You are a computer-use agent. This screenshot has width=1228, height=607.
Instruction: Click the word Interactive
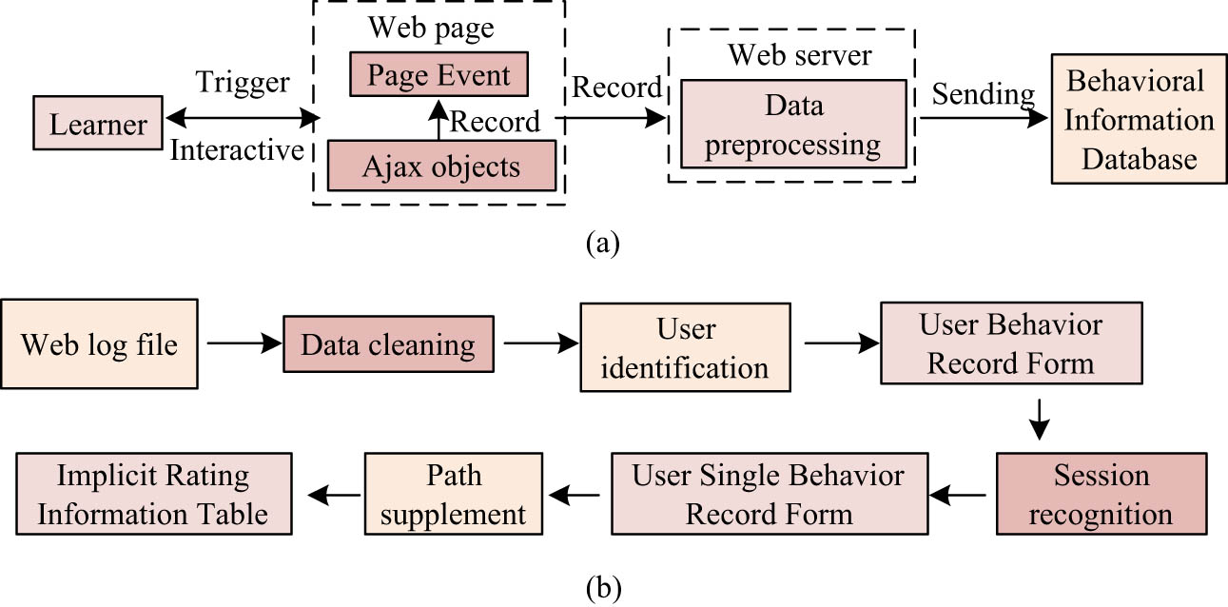pyautogui.click(x=237, y=150)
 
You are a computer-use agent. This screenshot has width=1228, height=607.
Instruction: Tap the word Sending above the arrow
pyautogui.click(x=983, y=93)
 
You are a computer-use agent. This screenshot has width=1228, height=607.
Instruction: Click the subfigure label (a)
pyautogui.click(x=603, y=244)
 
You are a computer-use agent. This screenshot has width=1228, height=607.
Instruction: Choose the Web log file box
pyautogui.click(x=99, y=343)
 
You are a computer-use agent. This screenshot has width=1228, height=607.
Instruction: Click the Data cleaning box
pyautogui.click(x=388, y=345)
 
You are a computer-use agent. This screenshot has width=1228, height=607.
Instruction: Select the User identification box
pyautogui.click(x=686, y=347)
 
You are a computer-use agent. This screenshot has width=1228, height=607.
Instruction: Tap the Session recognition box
pyautogui.click(x=1099, y=495)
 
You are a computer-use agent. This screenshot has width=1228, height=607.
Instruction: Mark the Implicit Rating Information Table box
pyautogui.click(x=152, y=495)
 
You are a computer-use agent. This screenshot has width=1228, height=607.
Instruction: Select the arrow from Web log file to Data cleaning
pyautogui.click(x=240, y=344)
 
